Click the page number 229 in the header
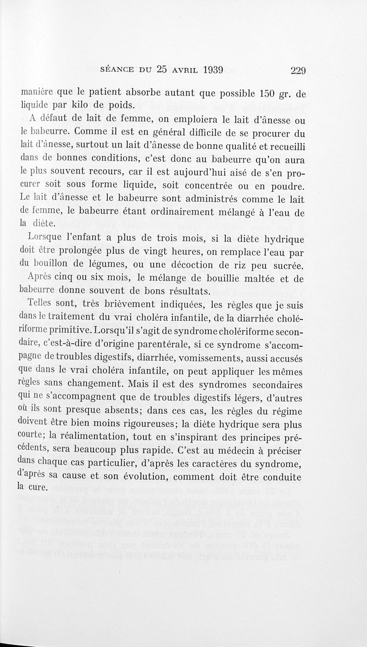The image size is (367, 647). coord(298,70)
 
